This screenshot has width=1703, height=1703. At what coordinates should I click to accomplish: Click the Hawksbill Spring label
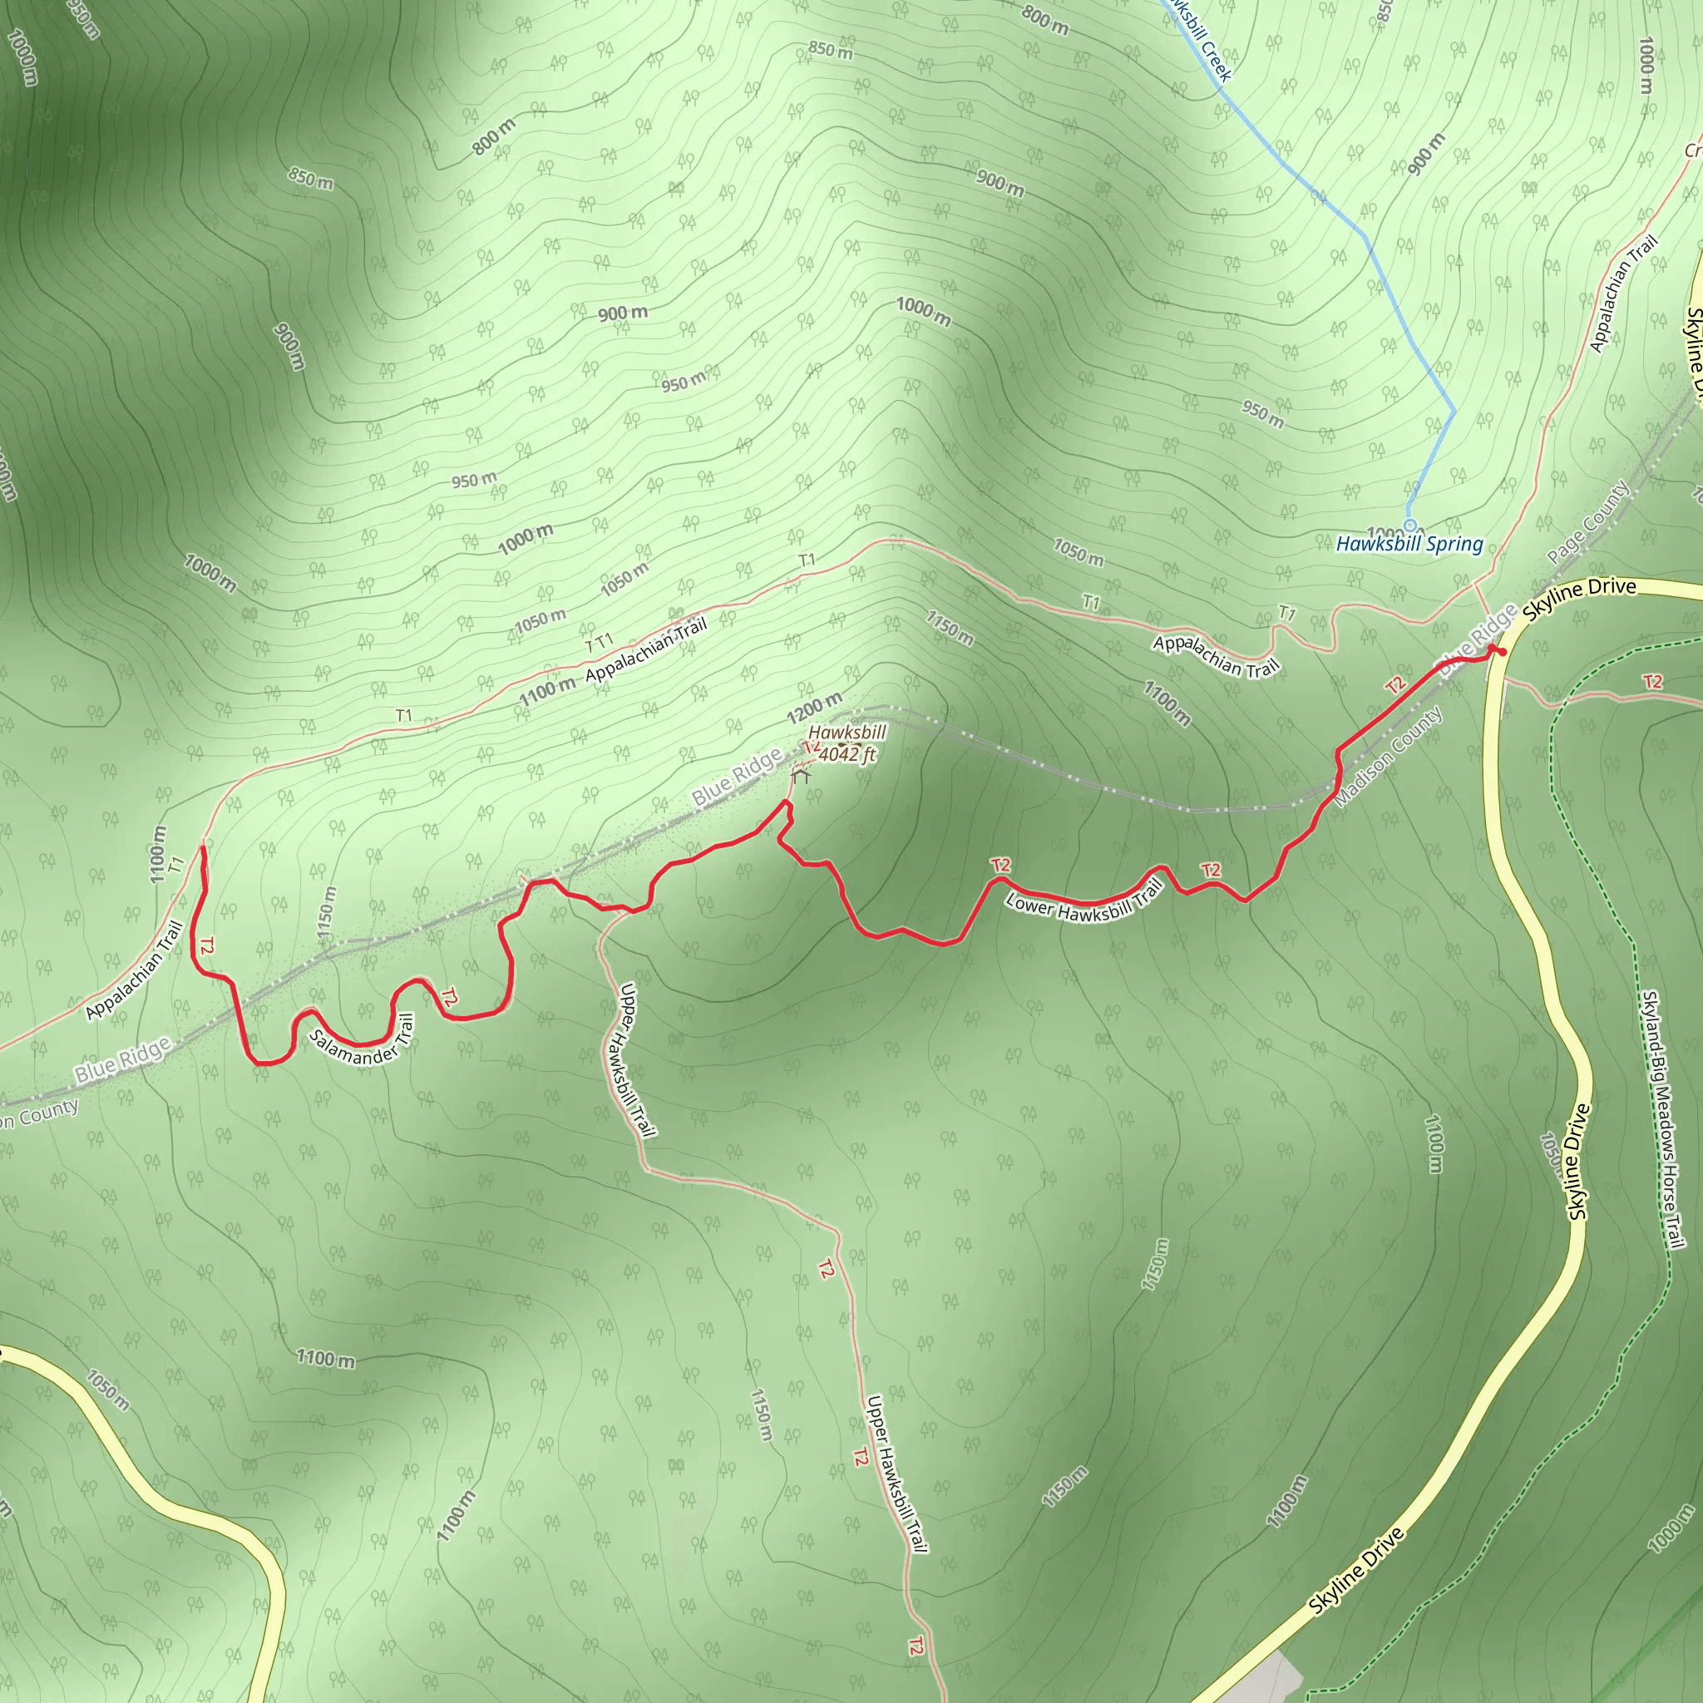[1409, 544]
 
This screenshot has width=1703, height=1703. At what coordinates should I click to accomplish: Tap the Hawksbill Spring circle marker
[1409, 526]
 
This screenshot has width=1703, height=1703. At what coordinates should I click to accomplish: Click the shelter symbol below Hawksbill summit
[801, 776]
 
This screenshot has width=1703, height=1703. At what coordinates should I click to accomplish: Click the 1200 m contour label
[813, 708]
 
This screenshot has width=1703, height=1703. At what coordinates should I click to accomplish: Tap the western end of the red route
[204, 847]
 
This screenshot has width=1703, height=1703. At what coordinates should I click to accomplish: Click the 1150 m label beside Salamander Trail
[326, 912]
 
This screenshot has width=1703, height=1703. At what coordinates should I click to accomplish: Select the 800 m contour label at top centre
[1045, 19]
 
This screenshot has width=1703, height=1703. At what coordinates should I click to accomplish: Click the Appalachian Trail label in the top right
[1624, 294]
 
